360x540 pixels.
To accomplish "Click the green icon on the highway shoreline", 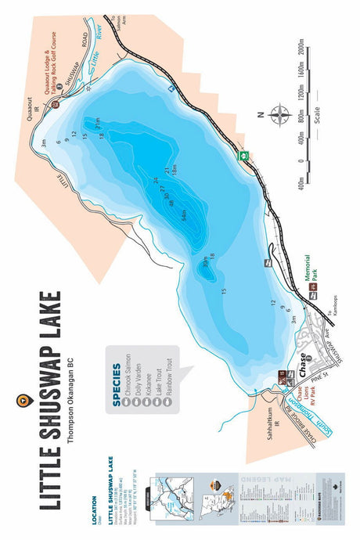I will click(245, 155).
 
